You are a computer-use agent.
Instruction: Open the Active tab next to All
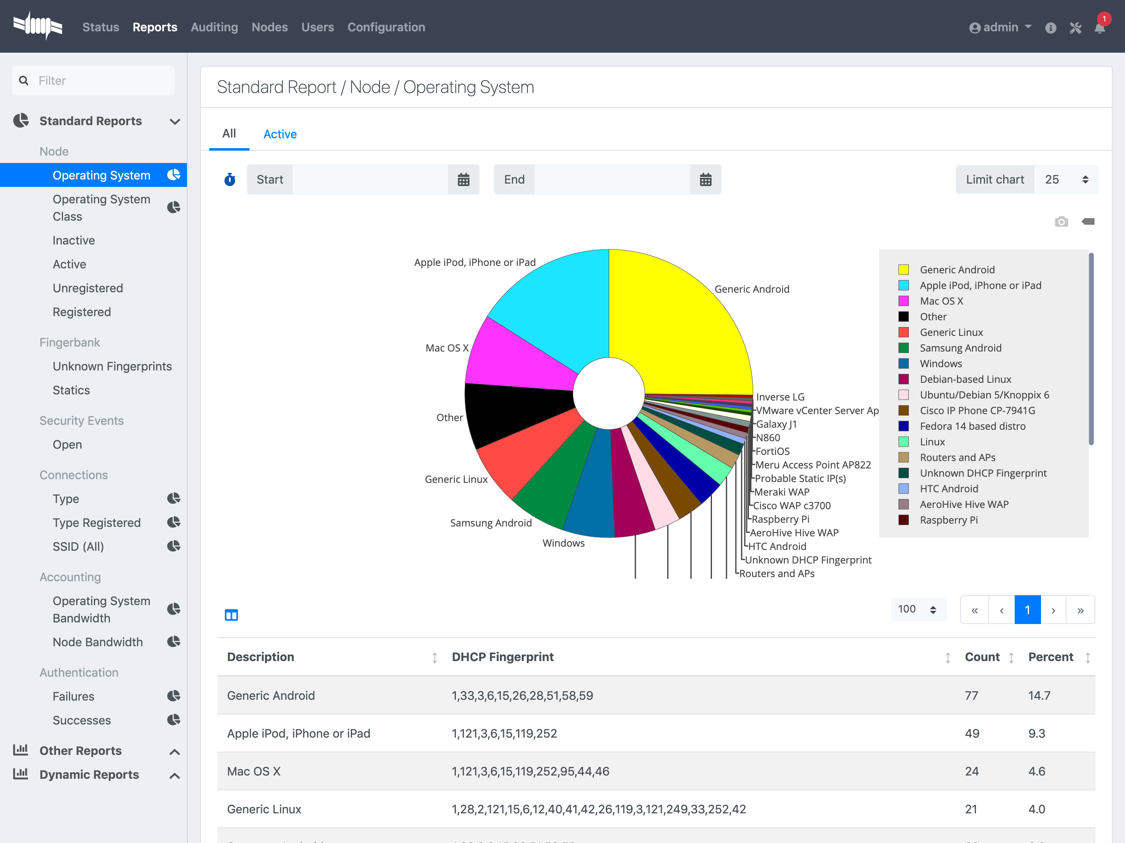click(280, 134)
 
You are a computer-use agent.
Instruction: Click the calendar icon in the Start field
click(463, 179)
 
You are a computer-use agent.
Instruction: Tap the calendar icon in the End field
click(705, 179)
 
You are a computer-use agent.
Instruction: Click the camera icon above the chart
click(1062, 222)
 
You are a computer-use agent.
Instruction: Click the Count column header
click(982, 657)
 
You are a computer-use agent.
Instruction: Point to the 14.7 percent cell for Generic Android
click(1039, 696)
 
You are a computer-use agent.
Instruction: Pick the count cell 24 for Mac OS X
click(972, 771)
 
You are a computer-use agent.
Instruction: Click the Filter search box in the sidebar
click(93, 80)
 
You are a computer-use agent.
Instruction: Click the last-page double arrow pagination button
click(1080, 610)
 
